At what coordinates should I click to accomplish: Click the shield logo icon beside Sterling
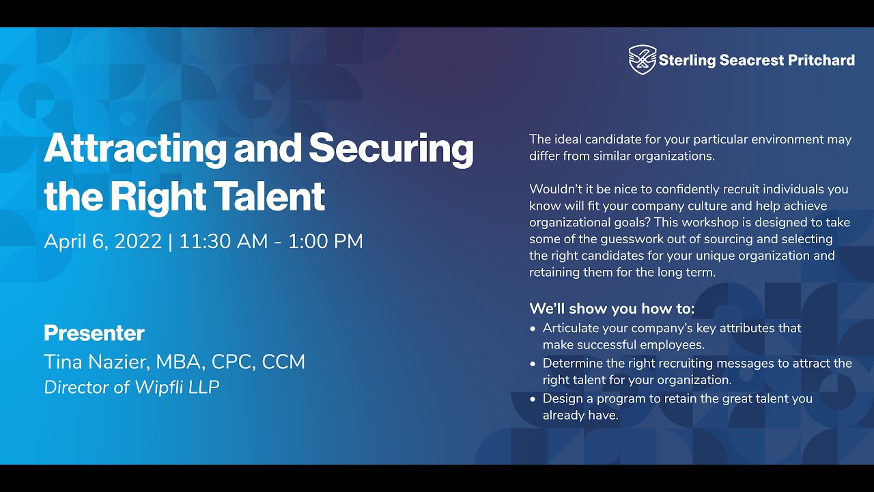tap(642, 59)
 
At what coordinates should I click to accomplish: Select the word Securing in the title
tap(391, 148)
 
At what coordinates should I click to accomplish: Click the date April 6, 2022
tap(103, 241)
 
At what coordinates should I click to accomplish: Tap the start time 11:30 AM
tap(223, 241)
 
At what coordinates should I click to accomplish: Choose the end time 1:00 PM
tap(326, 241)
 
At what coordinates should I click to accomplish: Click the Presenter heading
tap(94, 333)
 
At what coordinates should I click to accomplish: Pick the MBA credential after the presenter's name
tap(180, 361)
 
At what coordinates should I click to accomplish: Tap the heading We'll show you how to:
tap(612, 309)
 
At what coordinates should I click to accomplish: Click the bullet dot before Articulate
tap(533, 329)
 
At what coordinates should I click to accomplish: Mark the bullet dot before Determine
tap(533, 364)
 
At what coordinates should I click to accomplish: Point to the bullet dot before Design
tap(533, 399)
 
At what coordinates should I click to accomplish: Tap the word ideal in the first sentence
tap(568, 139)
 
